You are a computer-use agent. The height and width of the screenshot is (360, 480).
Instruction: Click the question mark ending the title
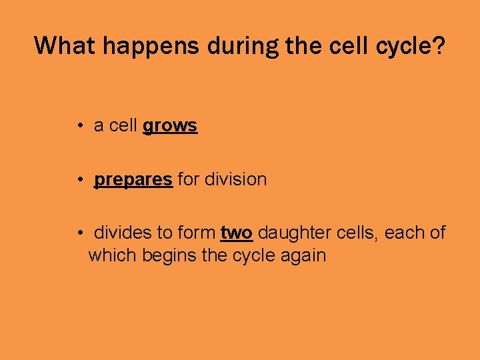[x=439, y=45]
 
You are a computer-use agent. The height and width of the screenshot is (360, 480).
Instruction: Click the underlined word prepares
[x=133, y=180]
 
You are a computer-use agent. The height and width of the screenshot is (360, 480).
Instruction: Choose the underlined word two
[x=236, y=233]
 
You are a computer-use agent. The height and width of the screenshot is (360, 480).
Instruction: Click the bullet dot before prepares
[x=79, y=180]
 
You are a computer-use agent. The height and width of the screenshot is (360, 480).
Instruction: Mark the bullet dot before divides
[x=79, y=233]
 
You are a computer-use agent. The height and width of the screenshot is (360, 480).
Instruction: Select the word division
[x=235, y=180]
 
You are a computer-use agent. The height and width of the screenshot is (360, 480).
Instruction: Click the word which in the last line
[x=112, y=255]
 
